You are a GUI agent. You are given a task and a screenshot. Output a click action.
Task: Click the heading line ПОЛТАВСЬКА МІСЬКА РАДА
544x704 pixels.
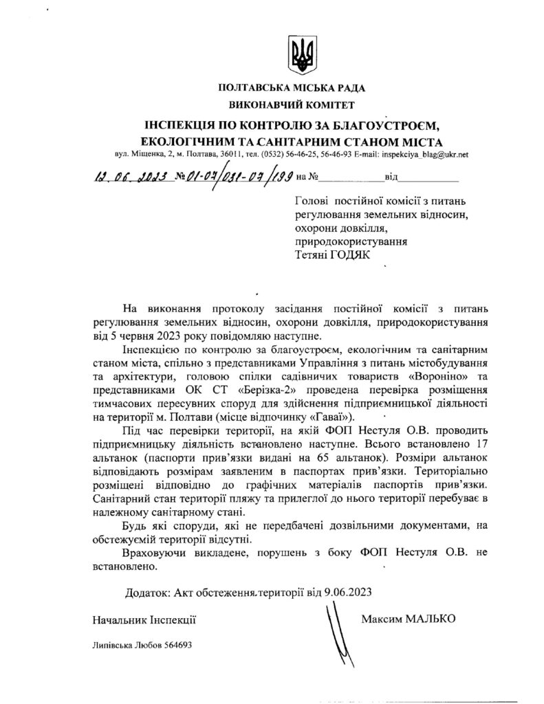click(x=292, y=89)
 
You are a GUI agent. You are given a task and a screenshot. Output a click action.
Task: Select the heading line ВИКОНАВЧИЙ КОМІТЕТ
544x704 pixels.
click(x=292, y=106)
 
